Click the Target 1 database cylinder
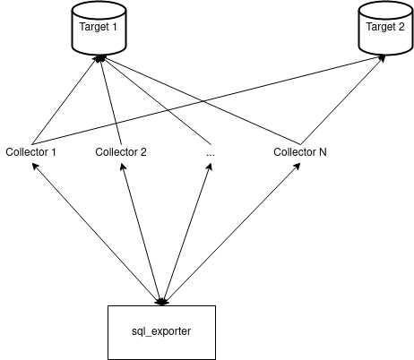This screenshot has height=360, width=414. coord(99,28)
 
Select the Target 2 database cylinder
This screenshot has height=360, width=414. coord(385,28)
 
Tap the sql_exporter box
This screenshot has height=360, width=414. coord(161,332)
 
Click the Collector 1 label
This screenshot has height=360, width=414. coord(30,152)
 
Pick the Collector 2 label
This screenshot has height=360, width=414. coord(121,152)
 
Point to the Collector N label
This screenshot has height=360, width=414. coord(300,152)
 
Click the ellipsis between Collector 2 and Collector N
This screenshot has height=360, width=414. coord(211,154)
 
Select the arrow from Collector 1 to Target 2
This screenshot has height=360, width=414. coord(209,99)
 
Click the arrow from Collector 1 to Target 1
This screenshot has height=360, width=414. coord(65,99)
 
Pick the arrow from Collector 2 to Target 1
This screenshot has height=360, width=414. coord(110,99)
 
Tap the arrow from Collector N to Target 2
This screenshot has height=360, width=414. coord(342,99)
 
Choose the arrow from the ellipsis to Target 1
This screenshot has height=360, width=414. coord(155,99)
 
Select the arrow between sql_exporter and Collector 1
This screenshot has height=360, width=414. coord(97,234)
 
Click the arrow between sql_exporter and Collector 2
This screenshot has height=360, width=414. coord(142,234)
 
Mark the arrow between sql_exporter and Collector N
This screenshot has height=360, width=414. coord(231,234)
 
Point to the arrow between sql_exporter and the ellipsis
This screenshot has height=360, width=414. coord(186,234)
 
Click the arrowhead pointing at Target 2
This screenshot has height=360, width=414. coord(382,57)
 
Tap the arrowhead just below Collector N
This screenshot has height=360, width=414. coord(298,166)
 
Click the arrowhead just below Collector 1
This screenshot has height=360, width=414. coord(35,166)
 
